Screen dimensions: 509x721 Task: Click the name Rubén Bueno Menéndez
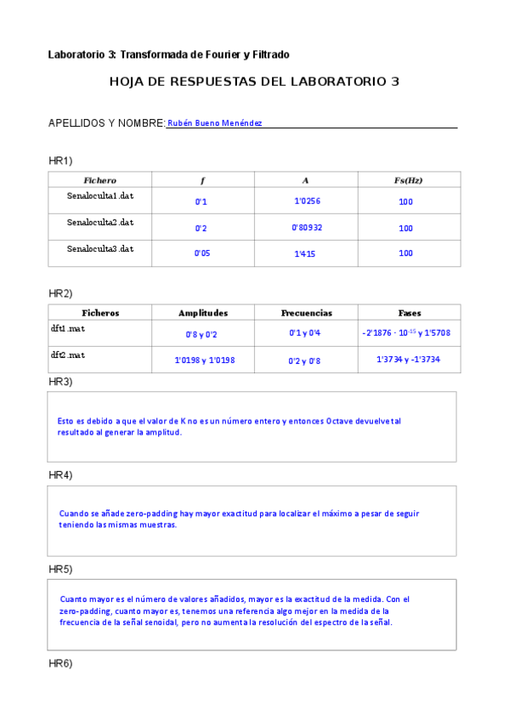tap(215, 123)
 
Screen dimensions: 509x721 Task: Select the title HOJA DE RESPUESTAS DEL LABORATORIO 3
tap(254, 82)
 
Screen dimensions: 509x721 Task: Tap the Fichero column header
tap(99, 180)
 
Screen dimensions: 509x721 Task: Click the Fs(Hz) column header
tap(409, 180)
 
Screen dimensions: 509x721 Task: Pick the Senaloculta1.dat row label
tap(100, 196)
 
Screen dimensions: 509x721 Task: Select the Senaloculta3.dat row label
tap(100, 248)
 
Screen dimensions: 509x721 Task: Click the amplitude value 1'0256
tap(307, 202)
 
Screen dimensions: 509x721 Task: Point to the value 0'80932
tap(307, 228)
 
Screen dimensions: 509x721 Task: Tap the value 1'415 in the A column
tap(305, 253)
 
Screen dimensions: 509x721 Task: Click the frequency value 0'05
tap(202, 253)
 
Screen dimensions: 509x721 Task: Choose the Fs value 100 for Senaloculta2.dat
tap(405, 228)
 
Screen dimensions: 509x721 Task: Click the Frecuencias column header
tap(306, 313)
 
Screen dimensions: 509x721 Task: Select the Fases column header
tap(410, 313)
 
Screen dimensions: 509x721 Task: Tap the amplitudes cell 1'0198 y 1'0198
tap(204, 360)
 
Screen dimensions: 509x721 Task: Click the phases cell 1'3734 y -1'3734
tap(408, 360)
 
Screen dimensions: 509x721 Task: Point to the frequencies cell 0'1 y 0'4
tap(305, 333)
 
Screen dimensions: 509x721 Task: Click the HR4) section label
tap(60, 474)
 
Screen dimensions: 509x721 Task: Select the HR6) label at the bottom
tap(60, 663)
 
